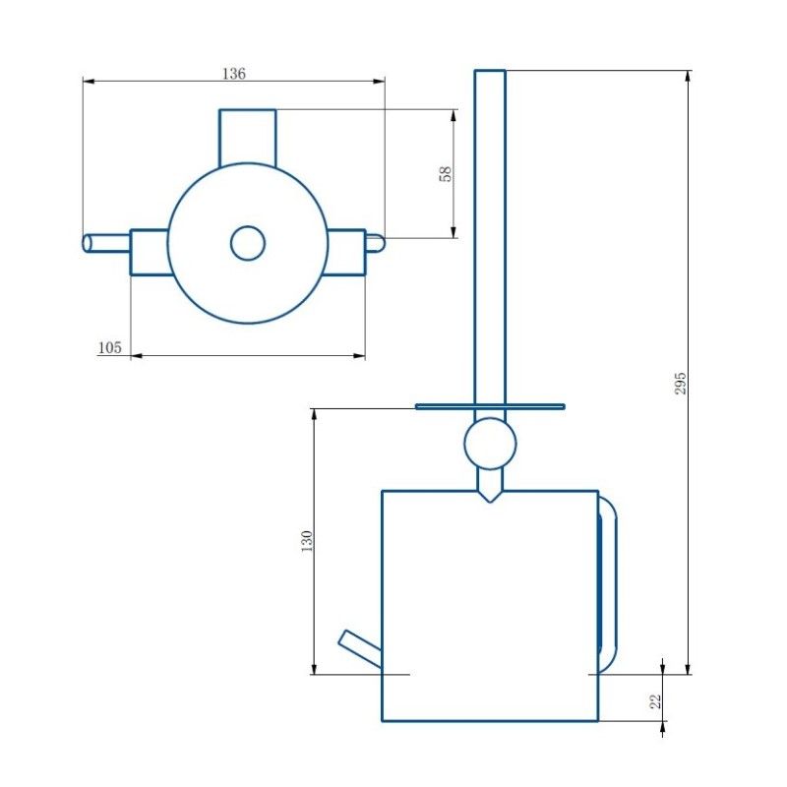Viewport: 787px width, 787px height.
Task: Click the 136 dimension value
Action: (x=234, y=74)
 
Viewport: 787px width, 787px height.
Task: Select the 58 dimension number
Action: (x=446, y=174)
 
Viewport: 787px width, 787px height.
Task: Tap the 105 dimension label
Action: (x=110, y=347)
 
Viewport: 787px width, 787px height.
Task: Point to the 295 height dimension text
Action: (x=680, y=383)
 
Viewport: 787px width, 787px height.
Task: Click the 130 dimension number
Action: (x=307, y=541)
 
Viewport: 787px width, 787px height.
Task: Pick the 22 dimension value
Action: (x=656, y=701)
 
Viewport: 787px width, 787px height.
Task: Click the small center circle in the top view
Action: (x=248, y=243)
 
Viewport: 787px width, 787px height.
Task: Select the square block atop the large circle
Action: (x=248, y=138)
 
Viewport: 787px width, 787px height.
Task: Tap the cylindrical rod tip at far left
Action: (x=88, y=243)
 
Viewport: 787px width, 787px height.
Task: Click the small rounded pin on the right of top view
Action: (x=375, y=243)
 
